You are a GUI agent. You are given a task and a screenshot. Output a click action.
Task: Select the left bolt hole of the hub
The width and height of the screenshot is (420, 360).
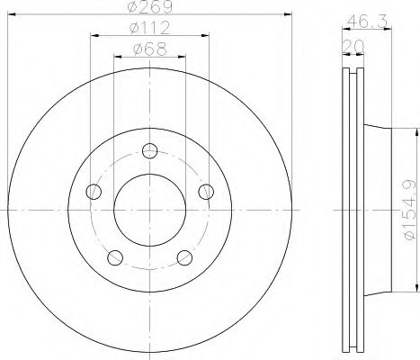92,190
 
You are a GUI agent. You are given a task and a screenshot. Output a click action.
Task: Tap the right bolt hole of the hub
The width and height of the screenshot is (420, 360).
206,190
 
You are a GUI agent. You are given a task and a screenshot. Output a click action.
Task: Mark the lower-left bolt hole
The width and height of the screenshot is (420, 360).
113,257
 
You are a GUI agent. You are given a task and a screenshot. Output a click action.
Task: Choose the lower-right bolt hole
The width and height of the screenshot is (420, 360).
184,257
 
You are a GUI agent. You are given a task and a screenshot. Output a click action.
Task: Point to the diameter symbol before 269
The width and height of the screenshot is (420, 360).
133,7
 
